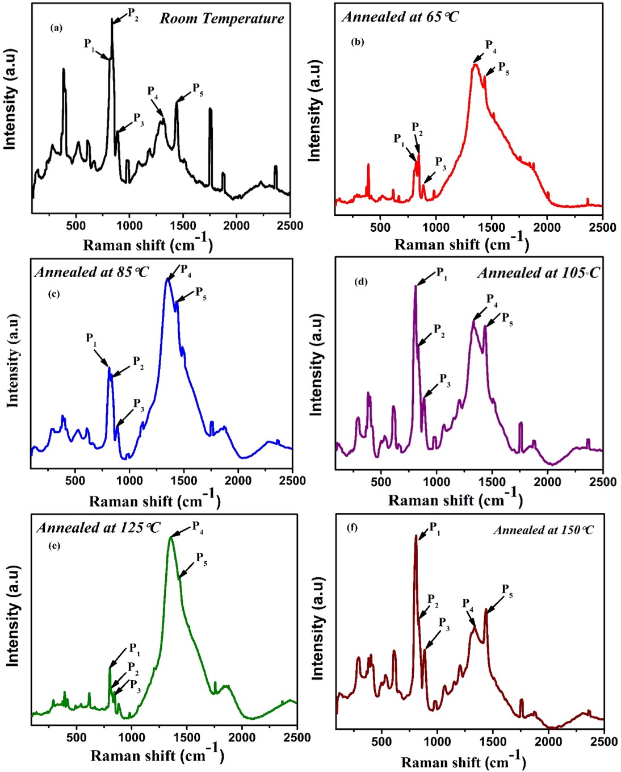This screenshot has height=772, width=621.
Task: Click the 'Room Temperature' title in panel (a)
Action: click(221, 19)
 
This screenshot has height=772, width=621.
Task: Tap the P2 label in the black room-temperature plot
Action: click(133, 14)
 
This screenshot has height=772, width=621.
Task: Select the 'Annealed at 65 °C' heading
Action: click(400, 16)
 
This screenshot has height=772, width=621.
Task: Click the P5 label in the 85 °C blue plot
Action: click(201, 293)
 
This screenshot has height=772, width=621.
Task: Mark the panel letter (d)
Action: click(361, 282)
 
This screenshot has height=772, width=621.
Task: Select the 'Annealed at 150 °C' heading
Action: click(544, 530)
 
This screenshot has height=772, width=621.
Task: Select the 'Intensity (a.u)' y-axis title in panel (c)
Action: click(12, 364)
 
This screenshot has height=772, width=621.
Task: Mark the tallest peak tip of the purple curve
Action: click(416, 286)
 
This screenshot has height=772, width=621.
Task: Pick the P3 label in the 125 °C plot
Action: click(135, 684)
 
